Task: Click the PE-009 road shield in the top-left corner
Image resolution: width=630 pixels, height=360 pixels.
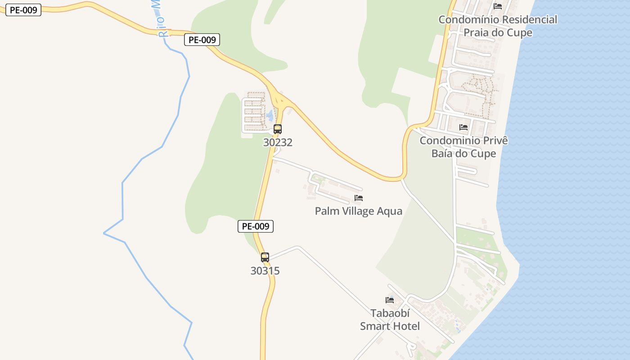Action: [x=23, y=10]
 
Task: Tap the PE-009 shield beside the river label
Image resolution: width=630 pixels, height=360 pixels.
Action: [x=202, y=40]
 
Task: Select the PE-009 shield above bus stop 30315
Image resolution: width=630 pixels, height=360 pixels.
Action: [x=255, y=226]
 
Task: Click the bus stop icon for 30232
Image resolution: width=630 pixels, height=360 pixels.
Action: [x=278, y=129]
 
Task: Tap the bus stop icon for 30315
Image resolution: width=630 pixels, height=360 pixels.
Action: [x=265, y=257]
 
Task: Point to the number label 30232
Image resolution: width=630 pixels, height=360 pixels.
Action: [x=278, y=143]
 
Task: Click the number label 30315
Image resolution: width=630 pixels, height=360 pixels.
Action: [x=265, y=271]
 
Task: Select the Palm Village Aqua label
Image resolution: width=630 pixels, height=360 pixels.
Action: [x=358, y=211]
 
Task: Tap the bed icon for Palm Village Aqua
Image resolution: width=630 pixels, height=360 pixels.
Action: [x=359, y=198]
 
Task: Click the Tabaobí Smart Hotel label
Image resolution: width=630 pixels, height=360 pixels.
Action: [x=390, y=319]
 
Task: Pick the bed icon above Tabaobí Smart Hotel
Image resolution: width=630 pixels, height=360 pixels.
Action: [x=390, y=300]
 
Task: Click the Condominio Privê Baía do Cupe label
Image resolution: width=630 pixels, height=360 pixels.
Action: [x=463, y=147]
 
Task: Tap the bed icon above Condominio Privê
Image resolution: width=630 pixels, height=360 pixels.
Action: [x=463, y=127]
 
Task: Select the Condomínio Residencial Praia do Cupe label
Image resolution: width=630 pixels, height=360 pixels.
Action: [x=498, y=26]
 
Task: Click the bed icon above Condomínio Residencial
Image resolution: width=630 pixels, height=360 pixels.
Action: [x=498, y=6]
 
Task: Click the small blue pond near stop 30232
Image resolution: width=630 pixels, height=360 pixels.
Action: [x=270, y=116]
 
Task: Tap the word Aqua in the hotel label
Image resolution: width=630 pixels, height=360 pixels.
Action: [x=389, y=211]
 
